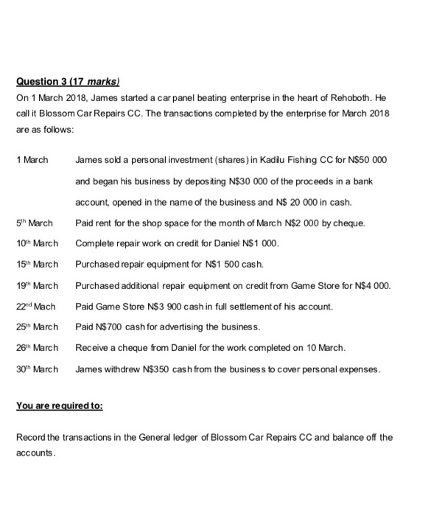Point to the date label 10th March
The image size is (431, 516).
(36, 243)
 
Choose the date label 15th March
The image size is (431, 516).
(36, 264)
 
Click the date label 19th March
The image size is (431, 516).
(36, 285)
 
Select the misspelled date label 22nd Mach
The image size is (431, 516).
(35, 306)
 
